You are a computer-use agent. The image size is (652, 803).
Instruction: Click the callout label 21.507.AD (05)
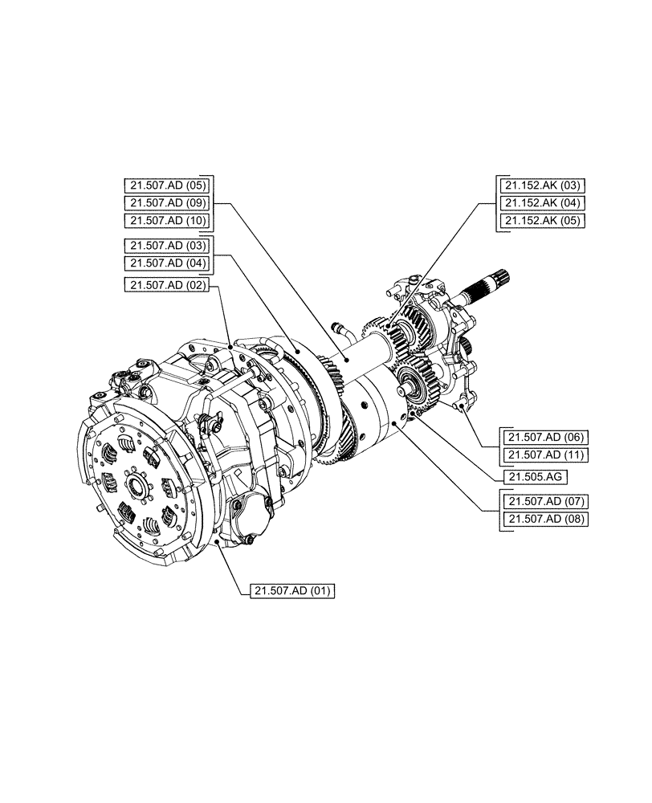pyautogui.click(x=165, y=183)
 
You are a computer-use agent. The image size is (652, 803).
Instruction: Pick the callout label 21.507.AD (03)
pyautogui.click(x=165, y=245)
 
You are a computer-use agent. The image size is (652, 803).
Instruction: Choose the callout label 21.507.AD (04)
pyautogui.click(x=165, y=263)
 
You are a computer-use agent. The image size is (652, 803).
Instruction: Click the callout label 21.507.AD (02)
pyautogui.click(x=165, y=285)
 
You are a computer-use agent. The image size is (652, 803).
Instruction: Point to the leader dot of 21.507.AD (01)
pyautogui.click(x=218, y=544)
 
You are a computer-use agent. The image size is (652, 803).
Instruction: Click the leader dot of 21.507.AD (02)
pyautogui.click(x=230, y=346)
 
